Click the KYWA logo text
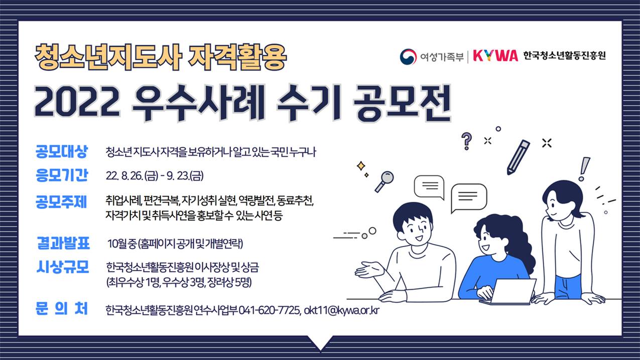coord(495,56)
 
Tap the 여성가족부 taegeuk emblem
coord(409,56)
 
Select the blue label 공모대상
coord(62,151)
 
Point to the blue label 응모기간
coord(62,175)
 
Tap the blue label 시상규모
coord(63,268)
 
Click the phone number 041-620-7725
coord(270,310)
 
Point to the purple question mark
coord(467,141)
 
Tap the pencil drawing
coord(518,157)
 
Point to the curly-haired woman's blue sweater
coord(489,274)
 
